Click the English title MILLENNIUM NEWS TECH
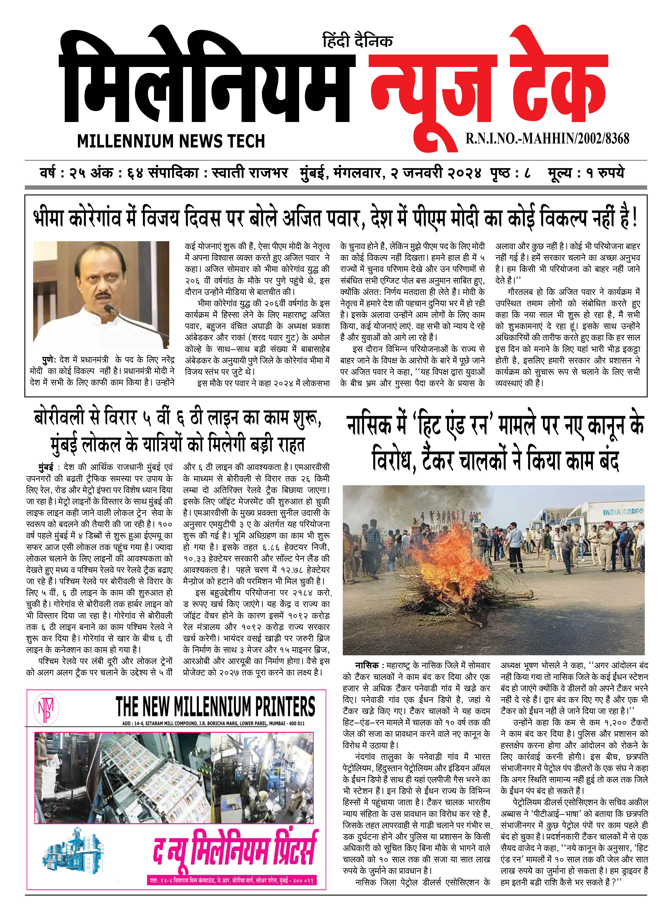coord(171,141)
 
